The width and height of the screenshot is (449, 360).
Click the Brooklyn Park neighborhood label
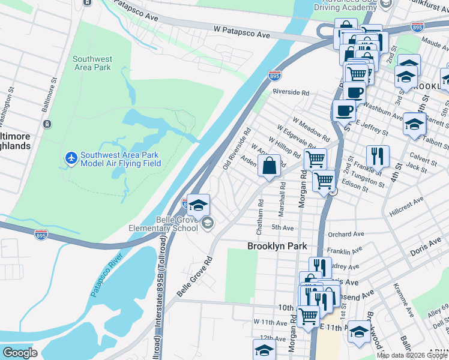(x=277, y=246)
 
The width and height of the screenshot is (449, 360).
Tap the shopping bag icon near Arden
(x=269, y=165)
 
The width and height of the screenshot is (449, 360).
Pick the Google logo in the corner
(x=20, y=353)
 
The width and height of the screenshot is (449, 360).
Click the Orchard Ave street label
(x=346, y=234)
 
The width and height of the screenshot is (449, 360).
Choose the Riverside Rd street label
(x=291, y=92)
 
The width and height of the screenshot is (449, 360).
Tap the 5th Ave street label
(x=282, y=228)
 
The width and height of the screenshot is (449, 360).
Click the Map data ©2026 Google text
(x=412, y=355)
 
